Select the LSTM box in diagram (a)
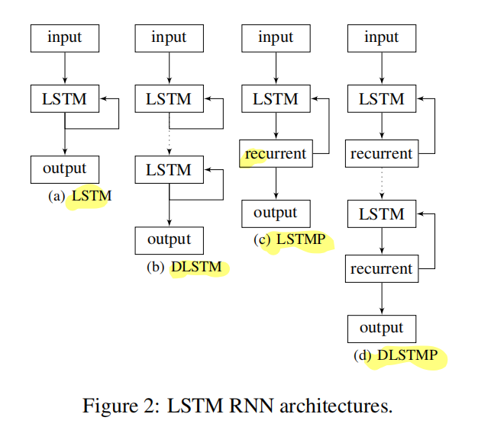coord(64,98)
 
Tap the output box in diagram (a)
coord(64,168)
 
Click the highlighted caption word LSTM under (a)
coord(92,196)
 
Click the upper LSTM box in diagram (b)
coord(169,98)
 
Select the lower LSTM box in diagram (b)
coord(169,168)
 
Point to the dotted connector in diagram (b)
coord(169,133)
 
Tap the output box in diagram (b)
coord(169,239)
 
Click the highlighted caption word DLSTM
coord(195,268)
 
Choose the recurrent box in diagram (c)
coord(275,154)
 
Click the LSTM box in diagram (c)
coord(275,98)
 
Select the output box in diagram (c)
coord(275,213)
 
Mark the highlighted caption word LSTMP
coord(301,240)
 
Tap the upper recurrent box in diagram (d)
coord(381,154)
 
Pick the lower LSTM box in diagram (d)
coord(381,214)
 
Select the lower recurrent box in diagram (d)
coord(381,269)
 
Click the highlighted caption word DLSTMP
coord(407,356)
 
